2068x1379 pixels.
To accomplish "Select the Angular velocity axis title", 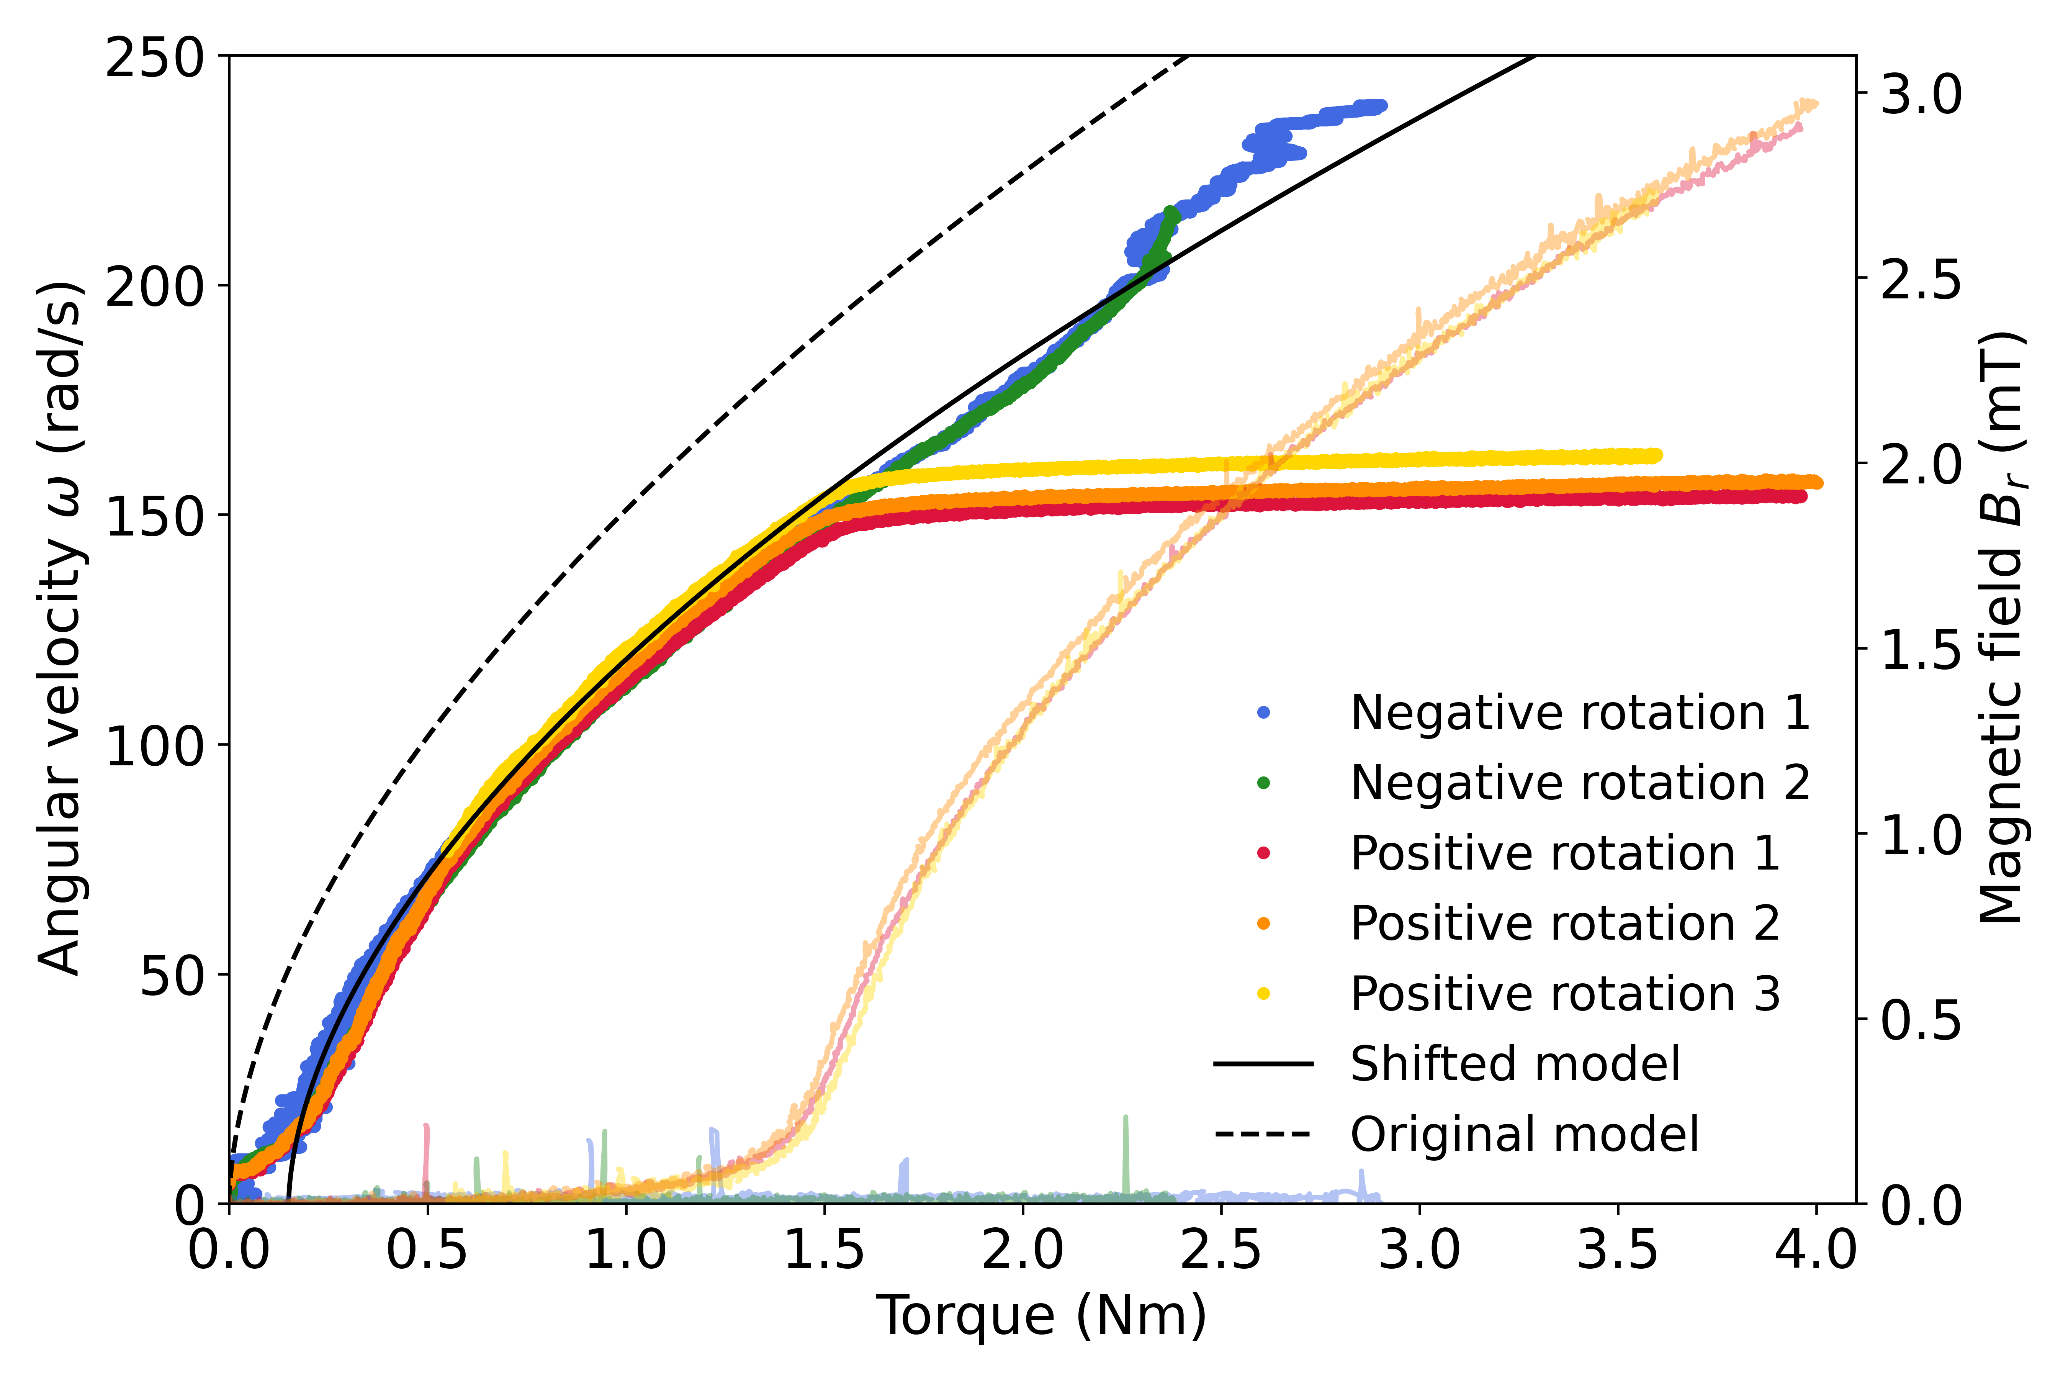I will coord(62,629).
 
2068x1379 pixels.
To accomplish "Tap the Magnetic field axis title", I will coord(2003,629).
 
